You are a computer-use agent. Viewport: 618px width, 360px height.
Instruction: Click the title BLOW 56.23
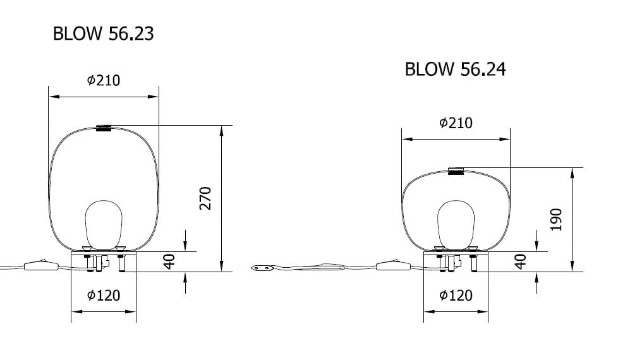[x=103, y=33]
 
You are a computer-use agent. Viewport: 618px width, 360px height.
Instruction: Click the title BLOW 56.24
[x=455, y=69]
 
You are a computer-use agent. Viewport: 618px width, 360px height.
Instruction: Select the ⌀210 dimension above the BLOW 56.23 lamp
[x=103, y=80]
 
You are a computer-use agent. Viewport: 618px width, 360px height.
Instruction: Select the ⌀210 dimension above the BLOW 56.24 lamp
[x=455, y=123]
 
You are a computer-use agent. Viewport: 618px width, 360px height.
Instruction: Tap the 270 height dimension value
[x=205, y=198]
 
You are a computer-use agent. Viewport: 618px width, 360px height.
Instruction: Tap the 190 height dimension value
[x=556, y=219]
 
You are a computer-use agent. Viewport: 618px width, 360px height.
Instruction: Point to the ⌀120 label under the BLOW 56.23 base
[x=103, y=296]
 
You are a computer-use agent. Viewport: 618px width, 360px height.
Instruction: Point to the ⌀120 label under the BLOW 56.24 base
[x=455, y=296]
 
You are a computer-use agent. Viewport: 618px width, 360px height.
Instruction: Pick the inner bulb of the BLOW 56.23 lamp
[x=103, y=224]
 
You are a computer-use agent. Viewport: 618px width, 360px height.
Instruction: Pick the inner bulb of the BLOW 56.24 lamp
[x=455, y=224]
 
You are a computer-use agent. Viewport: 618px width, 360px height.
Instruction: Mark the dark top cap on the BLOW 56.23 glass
[x=104, y=129]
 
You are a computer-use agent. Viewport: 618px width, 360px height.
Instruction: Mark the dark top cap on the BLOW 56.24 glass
[x=456, y=171]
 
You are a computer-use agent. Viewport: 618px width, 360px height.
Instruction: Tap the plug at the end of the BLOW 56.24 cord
[x=262, y=268]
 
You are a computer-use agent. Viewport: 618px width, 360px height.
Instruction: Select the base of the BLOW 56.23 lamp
[x=104, y=261]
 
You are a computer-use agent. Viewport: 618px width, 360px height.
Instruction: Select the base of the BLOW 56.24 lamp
[x=456, y=261]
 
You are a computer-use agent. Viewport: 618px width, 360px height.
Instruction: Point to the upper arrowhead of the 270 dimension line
[x=221, y=130]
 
